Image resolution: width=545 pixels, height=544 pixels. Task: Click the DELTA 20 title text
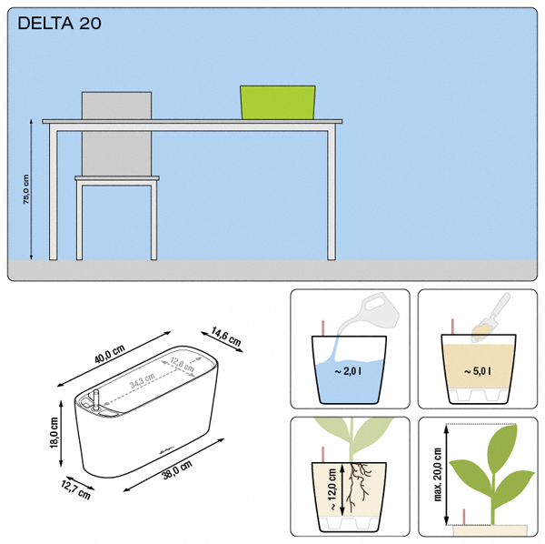tap(59, 24)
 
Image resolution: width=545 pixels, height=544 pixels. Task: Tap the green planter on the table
tap(278, 102)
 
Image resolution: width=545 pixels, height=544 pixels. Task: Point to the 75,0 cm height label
tap(26, 189)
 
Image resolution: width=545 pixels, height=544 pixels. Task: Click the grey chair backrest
tap(117, 134)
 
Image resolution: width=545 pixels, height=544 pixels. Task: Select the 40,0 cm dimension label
tap(110, 354)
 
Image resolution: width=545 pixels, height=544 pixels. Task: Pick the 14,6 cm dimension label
tap(225, 337)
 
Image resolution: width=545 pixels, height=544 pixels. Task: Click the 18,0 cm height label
tap(54, 433)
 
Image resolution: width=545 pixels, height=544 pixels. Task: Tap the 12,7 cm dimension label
tap(75, 489)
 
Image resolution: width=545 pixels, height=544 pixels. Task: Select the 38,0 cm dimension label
tap(177, 470)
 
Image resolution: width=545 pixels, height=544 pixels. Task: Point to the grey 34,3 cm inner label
tap(143, 381)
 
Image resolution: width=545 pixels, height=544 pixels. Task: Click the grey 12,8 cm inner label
tap(183, 364)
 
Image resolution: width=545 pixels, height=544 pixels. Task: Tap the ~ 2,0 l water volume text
tap(348, 371)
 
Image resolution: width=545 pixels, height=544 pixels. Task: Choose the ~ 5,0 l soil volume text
tap(478, 371)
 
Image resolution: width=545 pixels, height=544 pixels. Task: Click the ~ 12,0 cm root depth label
tap(332, 489)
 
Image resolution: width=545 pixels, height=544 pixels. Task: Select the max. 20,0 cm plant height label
tap(438, 474)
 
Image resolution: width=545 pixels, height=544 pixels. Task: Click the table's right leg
tap(332, 196)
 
